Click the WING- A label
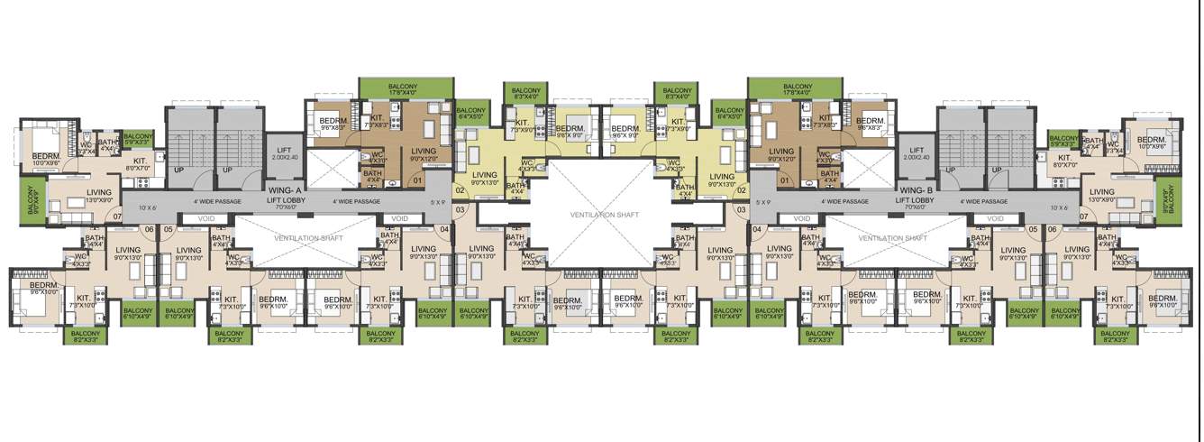(287, 191)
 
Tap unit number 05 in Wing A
(168, 229)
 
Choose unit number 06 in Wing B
(1052, 229)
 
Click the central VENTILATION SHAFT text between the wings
(603, 215)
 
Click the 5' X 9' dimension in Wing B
(764, 202)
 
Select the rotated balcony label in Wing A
(32, 199)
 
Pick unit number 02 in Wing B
(742, 190)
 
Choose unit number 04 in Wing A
(444, 229)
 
